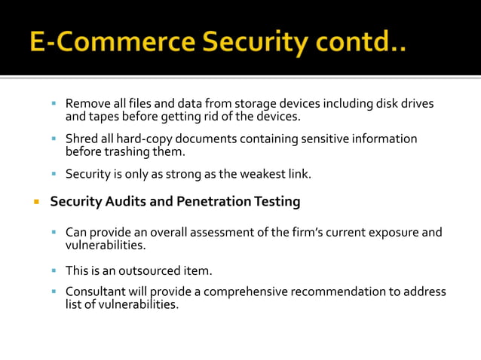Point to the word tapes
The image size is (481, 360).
tap(105, 117)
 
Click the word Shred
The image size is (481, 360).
tap(81, 139)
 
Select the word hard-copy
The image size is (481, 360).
tap(139, 139)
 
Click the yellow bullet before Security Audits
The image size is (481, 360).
tap(35, 202)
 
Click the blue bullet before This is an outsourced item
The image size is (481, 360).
tap(54, 270)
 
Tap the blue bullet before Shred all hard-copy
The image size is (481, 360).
tap(54, 139)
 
